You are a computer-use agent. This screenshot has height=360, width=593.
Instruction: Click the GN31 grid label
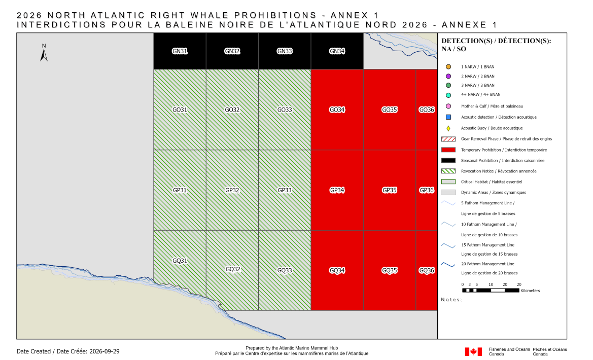tap(180, 51)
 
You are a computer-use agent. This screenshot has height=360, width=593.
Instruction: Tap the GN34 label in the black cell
tap(337, 51)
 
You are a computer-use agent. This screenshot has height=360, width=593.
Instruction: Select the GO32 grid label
tap(232, 110)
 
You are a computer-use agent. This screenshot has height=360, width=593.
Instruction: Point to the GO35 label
tap(390, 110)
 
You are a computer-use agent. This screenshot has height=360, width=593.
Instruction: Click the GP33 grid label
tap(285, 190)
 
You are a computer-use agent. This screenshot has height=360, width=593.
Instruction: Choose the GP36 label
tap(427, 190)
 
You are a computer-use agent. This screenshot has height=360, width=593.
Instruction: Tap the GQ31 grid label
tap(180, 261)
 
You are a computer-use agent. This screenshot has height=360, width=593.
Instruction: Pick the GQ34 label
tap(337, 270)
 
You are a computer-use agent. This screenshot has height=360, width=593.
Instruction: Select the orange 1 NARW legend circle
tap(448, 67)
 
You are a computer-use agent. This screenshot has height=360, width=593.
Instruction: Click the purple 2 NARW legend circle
tap(448, 76)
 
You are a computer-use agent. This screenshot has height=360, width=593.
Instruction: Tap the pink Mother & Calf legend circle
tap(448, 106)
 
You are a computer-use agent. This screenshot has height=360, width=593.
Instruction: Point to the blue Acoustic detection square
tap(448, 117)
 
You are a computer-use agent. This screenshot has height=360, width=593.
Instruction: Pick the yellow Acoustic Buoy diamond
tap(448, 128)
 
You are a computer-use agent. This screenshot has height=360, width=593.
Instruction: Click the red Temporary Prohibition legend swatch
tap(448, 150)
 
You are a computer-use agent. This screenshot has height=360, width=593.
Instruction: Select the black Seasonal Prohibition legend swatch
tap(448, 160)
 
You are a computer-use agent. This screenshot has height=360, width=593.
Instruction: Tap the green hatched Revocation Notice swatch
tap(448, 171)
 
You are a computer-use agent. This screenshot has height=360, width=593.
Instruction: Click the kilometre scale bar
tap(491, 291)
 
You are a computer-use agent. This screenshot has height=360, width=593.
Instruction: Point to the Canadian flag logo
tap(473, 352)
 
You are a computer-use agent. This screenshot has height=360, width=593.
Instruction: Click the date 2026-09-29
tap(104, 351)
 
